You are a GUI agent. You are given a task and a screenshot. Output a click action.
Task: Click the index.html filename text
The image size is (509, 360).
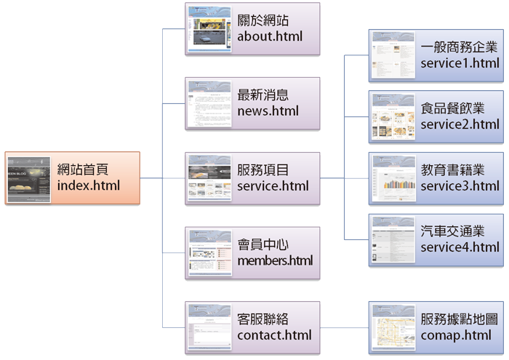(89, 185)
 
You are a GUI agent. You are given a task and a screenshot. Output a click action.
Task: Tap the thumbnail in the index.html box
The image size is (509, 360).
(29, 178)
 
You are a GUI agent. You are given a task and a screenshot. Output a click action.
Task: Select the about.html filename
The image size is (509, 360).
(270, 36)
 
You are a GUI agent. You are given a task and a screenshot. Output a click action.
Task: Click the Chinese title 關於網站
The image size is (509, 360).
(263, 20)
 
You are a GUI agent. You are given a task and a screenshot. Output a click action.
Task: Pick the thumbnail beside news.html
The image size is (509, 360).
(209, 103)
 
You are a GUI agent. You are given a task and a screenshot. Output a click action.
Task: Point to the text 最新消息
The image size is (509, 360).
(263, 95)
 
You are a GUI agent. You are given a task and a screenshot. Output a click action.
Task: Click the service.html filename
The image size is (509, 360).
(273, 185)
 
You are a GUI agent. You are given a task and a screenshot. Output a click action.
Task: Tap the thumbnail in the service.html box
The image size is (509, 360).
(209, 178)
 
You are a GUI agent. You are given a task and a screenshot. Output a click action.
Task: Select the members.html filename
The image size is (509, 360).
(275, 260)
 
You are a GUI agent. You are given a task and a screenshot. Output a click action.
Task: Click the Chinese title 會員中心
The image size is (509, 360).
(263, 244)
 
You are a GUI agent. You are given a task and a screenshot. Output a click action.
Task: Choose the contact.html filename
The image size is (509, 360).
(274, 335)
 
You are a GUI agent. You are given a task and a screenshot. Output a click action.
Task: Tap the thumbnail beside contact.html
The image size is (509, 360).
(209, 327)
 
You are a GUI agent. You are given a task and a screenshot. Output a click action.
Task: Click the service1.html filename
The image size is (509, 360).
(460, 63)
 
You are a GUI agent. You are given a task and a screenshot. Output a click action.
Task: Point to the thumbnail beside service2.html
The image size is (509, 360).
(393, 117)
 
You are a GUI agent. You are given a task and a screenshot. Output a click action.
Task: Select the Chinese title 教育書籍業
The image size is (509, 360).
(452, 170)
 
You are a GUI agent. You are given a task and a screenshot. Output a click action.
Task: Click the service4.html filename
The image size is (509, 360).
(460, 247)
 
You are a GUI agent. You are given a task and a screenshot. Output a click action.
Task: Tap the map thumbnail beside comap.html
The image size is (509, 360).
(393, 327)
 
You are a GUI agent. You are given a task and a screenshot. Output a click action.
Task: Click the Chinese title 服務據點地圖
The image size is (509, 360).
(460, 319)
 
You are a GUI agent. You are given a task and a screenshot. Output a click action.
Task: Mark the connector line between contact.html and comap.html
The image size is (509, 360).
(343, 328)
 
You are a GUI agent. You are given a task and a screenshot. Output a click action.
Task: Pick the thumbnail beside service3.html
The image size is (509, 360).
(393, 178)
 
